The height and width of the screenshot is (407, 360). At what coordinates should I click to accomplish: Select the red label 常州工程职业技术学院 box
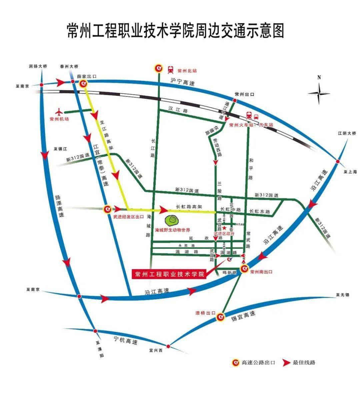coord(170,274)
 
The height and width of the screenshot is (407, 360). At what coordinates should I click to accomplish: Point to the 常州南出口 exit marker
coord(244,268)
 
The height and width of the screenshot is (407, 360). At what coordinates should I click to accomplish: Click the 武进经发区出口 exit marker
coord(107,209)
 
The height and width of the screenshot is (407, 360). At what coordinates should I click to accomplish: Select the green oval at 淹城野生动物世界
coord(173,220)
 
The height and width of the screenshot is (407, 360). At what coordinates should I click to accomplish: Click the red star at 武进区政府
coord(224,228)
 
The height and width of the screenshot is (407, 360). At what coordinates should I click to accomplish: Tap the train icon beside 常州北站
coord(171,69)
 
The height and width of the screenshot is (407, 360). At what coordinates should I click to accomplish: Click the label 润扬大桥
coord(38,66)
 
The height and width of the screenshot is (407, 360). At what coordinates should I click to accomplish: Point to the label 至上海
coord(350,172)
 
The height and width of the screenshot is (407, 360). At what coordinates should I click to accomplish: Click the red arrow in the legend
coord(286,363)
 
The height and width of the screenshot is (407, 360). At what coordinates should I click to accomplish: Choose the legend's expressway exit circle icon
coord(236,363)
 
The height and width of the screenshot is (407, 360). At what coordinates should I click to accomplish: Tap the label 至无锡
coord(342,295)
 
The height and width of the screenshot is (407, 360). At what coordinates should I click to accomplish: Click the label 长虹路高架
coord(189,206)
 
